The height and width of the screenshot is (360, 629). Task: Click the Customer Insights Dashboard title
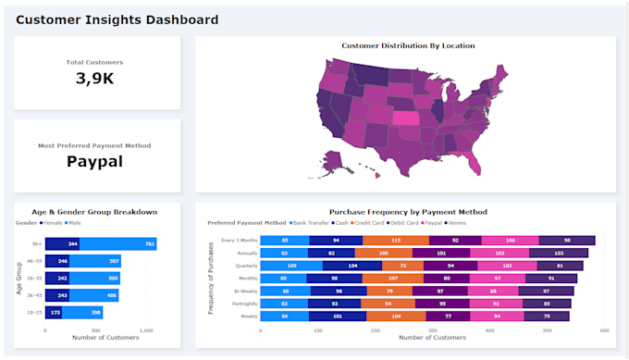coord(117,19)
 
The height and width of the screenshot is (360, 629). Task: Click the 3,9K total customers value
coord(94,79)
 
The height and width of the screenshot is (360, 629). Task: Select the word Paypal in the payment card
coord(94,162)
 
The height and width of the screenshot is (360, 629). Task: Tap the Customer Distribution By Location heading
coord(408,45)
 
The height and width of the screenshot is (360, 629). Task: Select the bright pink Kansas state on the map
coord(405,118)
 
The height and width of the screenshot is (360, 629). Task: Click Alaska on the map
coord(338,162)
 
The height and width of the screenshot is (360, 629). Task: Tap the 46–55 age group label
coord(35,262)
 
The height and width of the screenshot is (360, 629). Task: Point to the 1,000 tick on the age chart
coord(145,329)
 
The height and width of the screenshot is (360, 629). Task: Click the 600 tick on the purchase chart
coord(604,329)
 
